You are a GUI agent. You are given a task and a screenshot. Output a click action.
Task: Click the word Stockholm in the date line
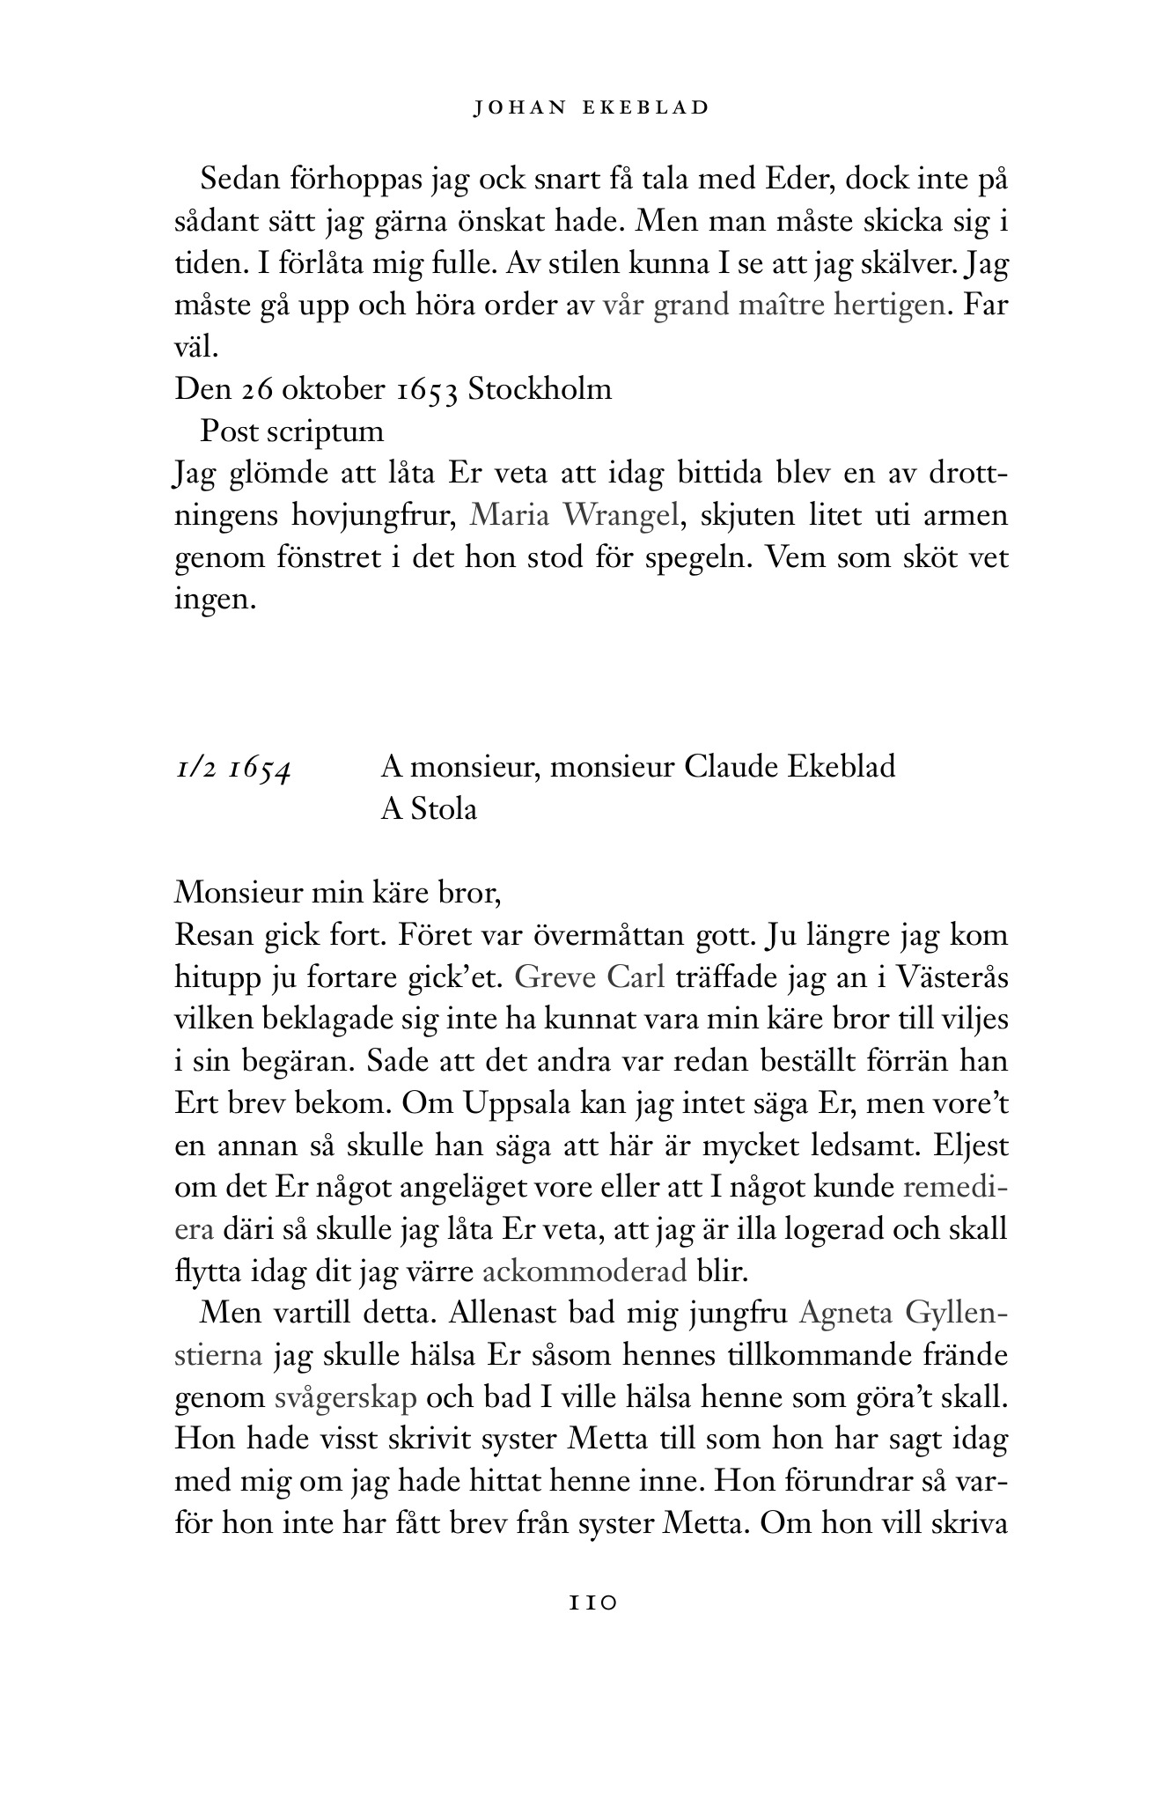[x=540, y=388]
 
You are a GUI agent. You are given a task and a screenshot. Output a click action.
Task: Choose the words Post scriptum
[x=292, y=431]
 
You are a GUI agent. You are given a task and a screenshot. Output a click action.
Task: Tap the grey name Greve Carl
[x=589, y=976]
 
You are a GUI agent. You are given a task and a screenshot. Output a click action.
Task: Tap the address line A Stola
[x=429, y=808]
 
